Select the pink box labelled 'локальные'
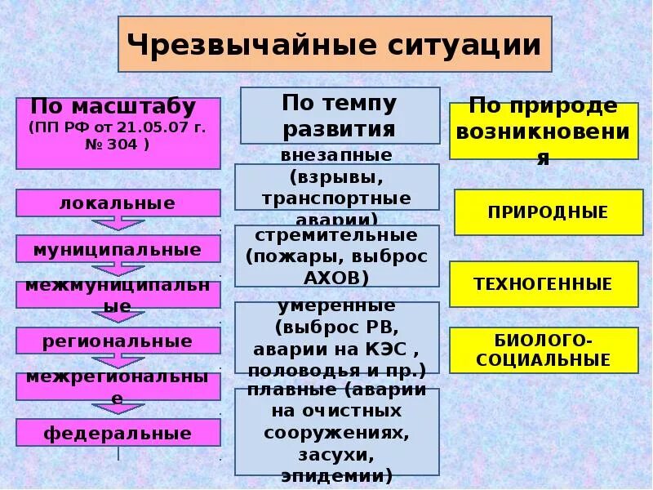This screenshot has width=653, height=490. coord(118,203)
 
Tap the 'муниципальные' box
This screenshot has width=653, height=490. coord(118,249)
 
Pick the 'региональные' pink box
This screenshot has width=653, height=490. coord(118,341)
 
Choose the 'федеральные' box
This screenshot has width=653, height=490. coord(118,433)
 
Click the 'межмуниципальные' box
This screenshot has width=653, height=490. coord(118,295)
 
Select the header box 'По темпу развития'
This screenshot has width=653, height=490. coord(340,115)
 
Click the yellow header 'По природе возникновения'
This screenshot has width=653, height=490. coord(544,131)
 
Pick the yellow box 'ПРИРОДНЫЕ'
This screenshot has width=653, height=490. coord(548,212)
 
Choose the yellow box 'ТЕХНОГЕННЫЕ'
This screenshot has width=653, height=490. coord(544,284)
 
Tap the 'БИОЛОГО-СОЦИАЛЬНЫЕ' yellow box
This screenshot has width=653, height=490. coord(544,350)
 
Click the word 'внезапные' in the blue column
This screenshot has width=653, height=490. coord(336,154)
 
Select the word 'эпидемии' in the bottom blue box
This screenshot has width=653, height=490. coord(336,474)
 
